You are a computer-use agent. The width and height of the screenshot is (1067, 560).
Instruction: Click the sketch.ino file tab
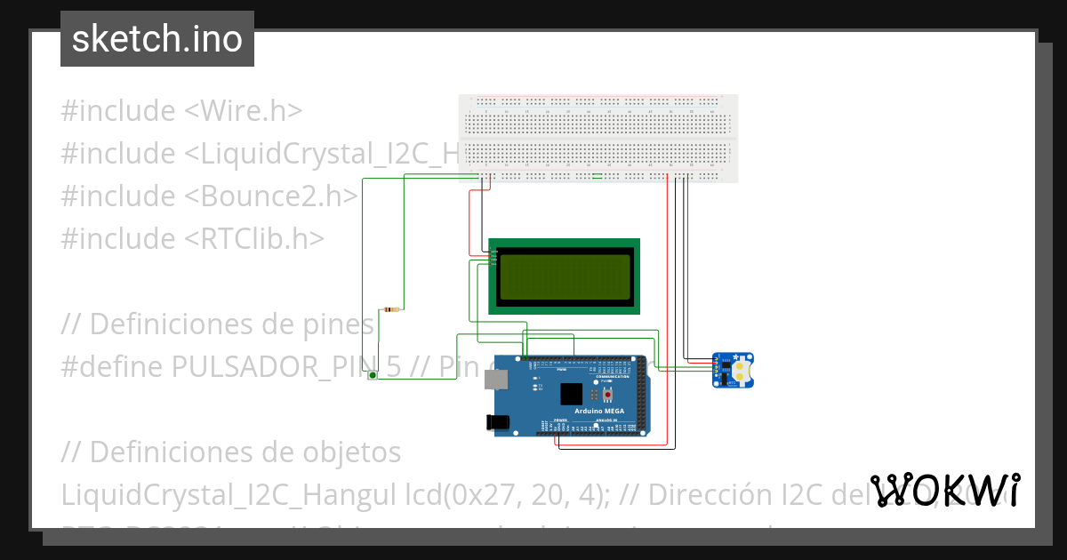[x=157, y=39]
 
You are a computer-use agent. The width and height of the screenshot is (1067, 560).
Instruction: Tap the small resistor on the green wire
[x=391, y=309]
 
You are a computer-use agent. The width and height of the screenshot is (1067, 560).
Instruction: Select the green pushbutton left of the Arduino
[x=373, y=376]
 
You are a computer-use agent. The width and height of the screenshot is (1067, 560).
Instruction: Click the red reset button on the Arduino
[x=608, y=394]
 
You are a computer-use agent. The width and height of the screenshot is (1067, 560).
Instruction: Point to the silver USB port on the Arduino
[x=493, y=380]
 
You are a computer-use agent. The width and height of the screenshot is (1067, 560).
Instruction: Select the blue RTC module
[x=733, y=370]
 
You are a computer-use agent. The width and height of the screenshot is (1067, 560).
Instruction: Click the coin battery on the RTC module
[x=742, y=364]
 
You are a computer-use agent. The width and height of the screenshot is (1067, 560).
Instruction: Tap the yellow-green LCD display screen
[x=566, y=276]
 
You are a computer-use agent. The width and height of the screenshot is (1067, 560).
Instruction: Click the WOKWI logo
[x=945, y=490]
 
